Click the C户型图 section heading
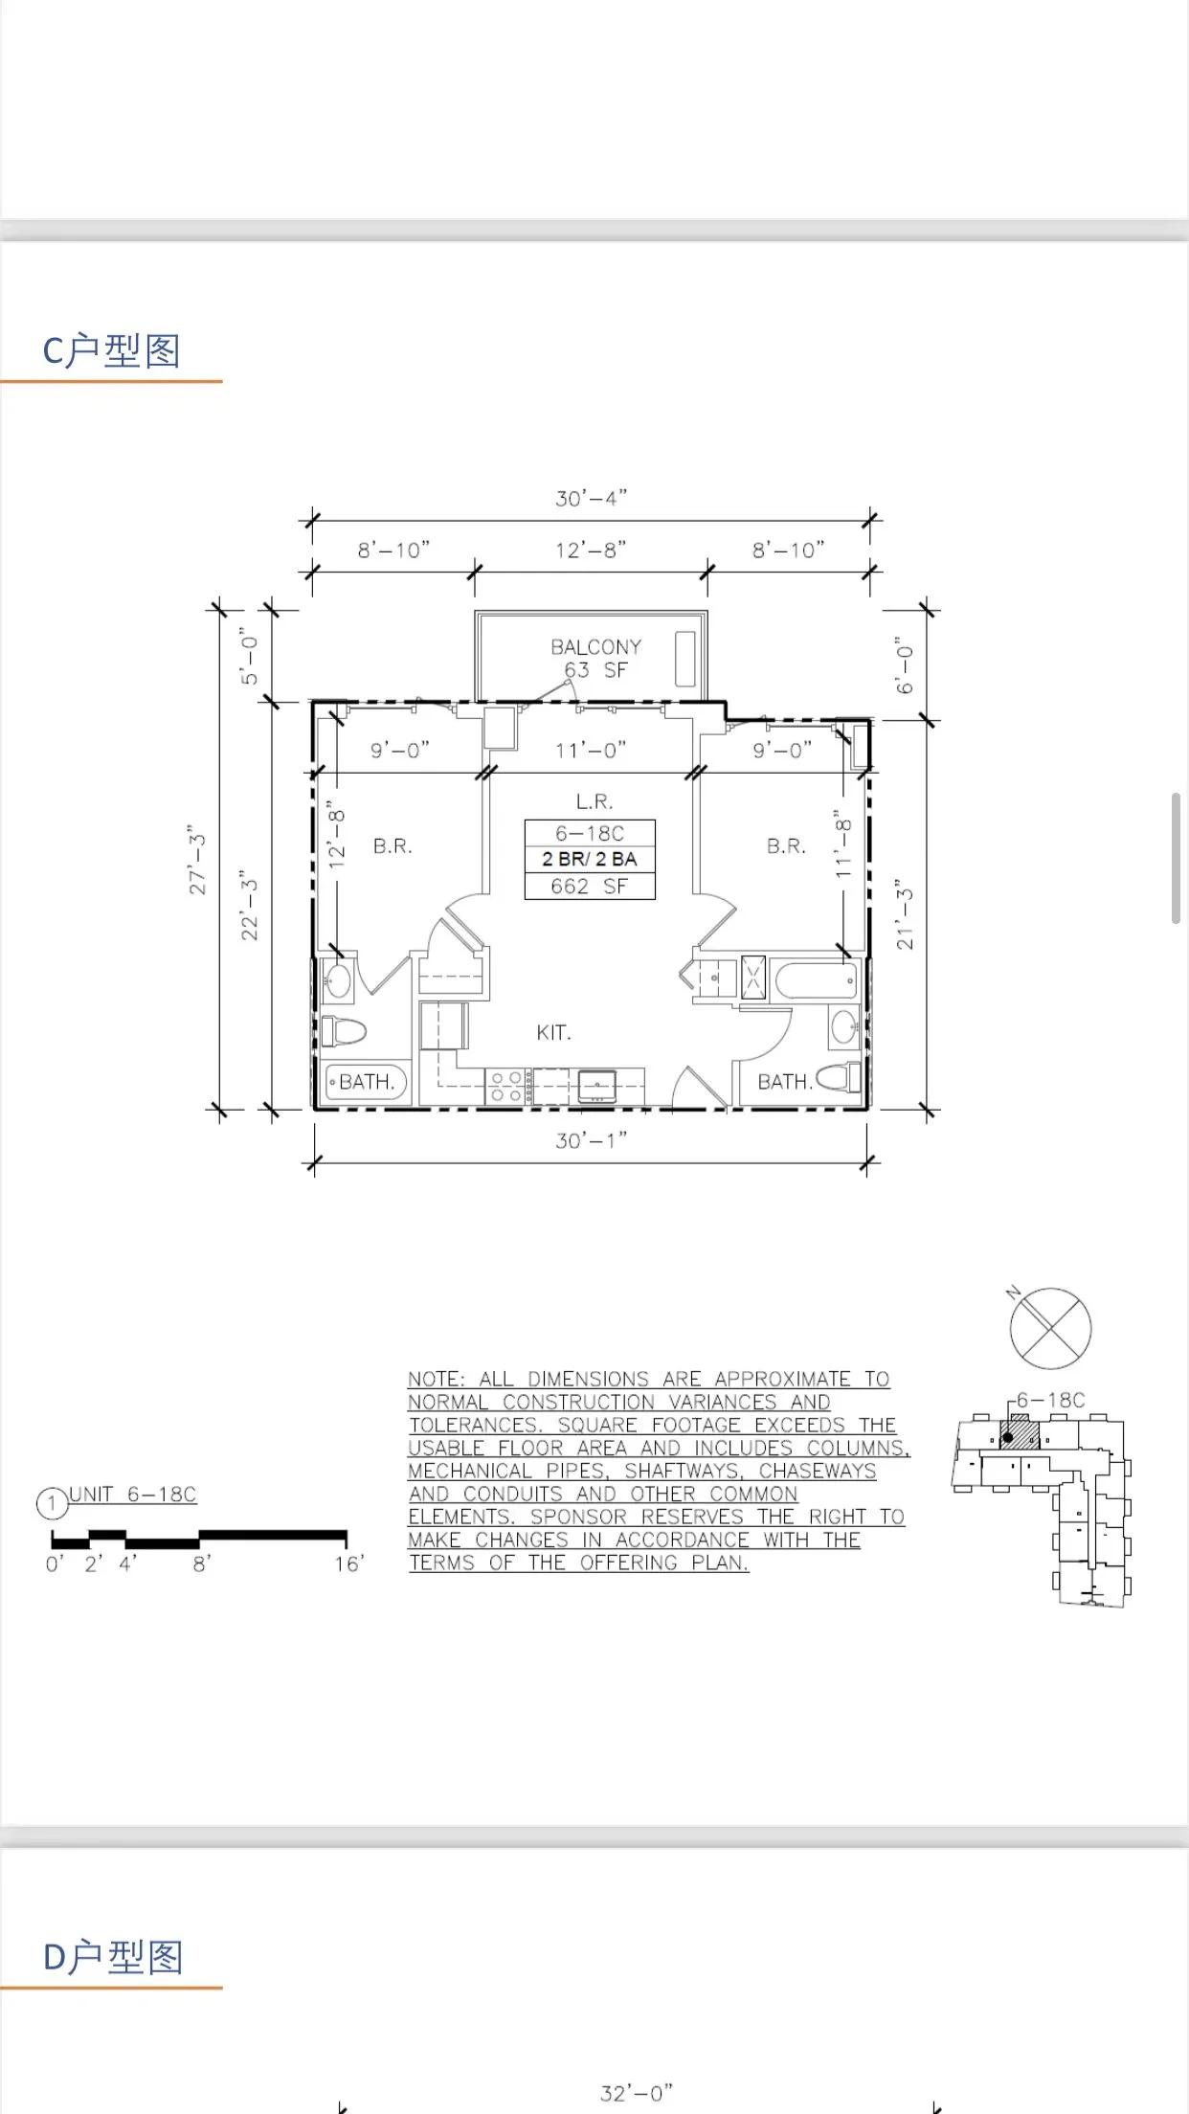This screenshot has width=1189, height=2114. point(112,351)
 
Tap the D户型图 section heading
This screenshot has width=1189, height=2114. point(112,1958)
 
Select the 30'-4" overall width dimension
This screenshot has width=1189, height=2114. point(591,499)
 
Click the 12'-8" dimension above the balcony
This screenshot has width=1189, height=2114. point(591,551)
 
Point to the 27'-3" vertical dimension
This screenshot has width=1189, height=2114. point(198,860)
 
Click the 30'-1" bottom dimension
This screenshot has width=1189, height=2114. point(591,1140)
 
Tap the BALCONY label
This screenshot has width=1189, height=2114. point(595,647)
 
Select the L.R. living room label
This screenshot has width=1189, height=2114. point(594,801)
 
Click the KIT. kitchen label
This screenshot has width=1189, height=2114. point(553,1033)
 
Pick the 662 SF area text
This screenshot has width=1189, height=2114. point(589,887)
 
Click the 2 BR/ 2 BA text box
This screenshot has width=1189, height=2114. point(589,859)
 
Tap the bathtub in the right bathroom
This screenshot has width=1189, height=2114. point(816,979)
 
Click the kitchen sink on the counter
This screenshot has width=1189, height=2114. point(597,1086)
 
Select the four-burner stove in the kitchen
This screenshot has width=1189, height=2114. point(506,1088)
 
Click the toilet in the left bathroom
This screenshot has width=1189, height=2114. point(345,1032)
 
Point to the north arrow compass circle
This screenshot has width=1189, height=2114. point(1050,1328)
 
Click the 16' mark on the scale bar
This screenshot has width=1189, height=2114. point(348,1564)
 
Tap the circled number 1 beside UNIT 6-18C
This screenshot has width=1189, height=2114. point(52,1503)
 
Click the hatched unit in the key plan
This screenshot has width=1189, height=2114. point(1021,1434)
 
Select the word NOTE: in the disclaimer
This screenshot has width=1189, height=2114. point(437,1380)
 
